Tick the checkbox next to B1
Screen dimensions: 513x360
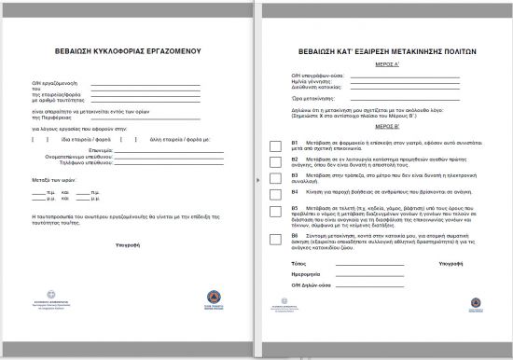coord(273,145)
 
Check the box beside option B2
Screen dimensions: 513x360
coord(273,161)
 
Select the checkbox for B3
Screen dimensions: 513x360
coord(273,176)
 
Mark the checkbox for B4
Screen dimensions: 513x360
coord(273,191)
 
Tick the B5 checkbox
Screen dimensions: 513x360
coord(273,210)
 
